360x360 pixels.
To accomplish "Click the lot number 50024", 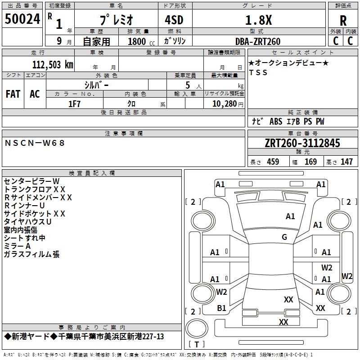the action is tap(22, 19).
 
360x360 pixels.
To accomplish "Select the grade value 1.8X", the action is tap(258, 20).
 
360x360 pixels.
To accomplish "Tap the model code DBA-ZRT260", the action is tap(258, 41).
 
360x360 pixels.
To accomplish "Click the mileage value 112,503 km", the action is tap(53, 65).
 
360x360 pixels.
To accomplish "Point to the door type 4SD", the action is tap(174, 20).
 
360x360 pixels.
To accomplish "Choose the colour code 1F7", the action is tap(74, 104).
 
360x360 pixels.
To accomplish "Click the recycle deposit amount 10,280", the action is tap(224, 104).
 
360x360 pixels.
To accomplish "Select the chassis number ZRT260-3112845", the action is tap(302, 143).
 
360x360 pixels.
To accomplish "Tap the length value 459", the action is tap(273, 162).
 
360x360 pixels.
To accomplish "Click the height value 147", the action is tap(346, 162).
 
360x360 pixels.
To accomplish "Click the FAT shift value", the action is tap(13, 94).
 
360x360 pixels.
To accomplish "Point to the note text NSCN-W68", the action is tap(35, 143).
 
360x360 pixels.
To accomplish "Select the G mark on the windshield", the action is tap(284, 237).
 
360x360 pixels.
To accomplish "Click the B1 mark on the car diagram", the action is tap(221, 308).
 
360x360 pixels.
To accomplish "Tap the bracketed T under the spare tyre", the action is tap(197, 344).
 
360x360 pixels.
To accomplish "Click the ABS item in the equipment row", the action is tap(276, 121).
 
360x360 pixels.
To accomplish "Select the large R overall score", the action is tap(343, 21).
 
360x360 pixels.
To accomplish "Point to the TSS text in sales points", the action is tap(258, 72).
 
